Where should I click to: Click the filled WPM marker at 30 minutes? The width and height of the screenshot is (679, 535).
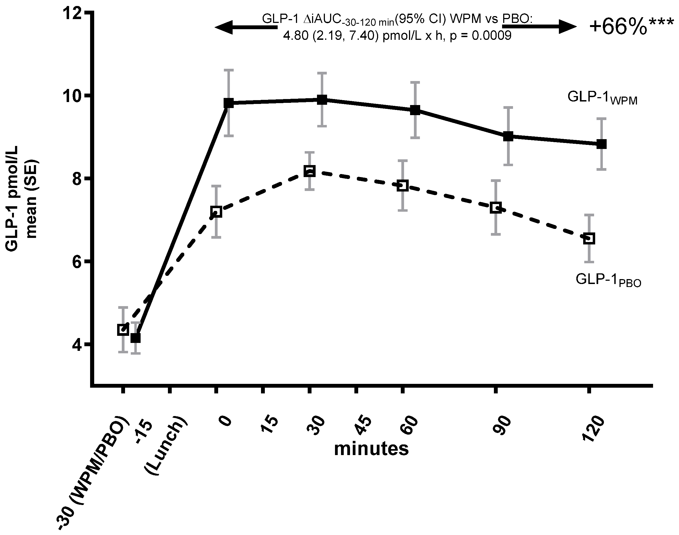322,100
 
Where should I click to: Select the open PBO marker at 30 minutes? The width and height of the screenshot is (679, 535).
309,171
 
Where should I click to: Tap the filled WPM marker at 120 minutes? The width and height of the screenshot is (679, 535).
601,144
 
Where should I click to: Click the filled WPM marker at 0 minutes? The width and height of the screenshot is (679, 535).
229,103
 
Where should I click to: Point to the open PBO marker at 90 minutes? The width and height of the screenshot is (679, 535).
496,207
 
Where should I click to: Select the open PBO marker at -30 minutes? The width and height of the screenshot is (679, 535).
123,330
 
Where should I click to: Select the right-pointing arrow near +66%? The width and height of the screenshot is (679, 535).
539,27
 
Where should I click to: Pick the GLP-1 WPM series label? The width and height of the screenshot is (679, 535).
602,98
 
